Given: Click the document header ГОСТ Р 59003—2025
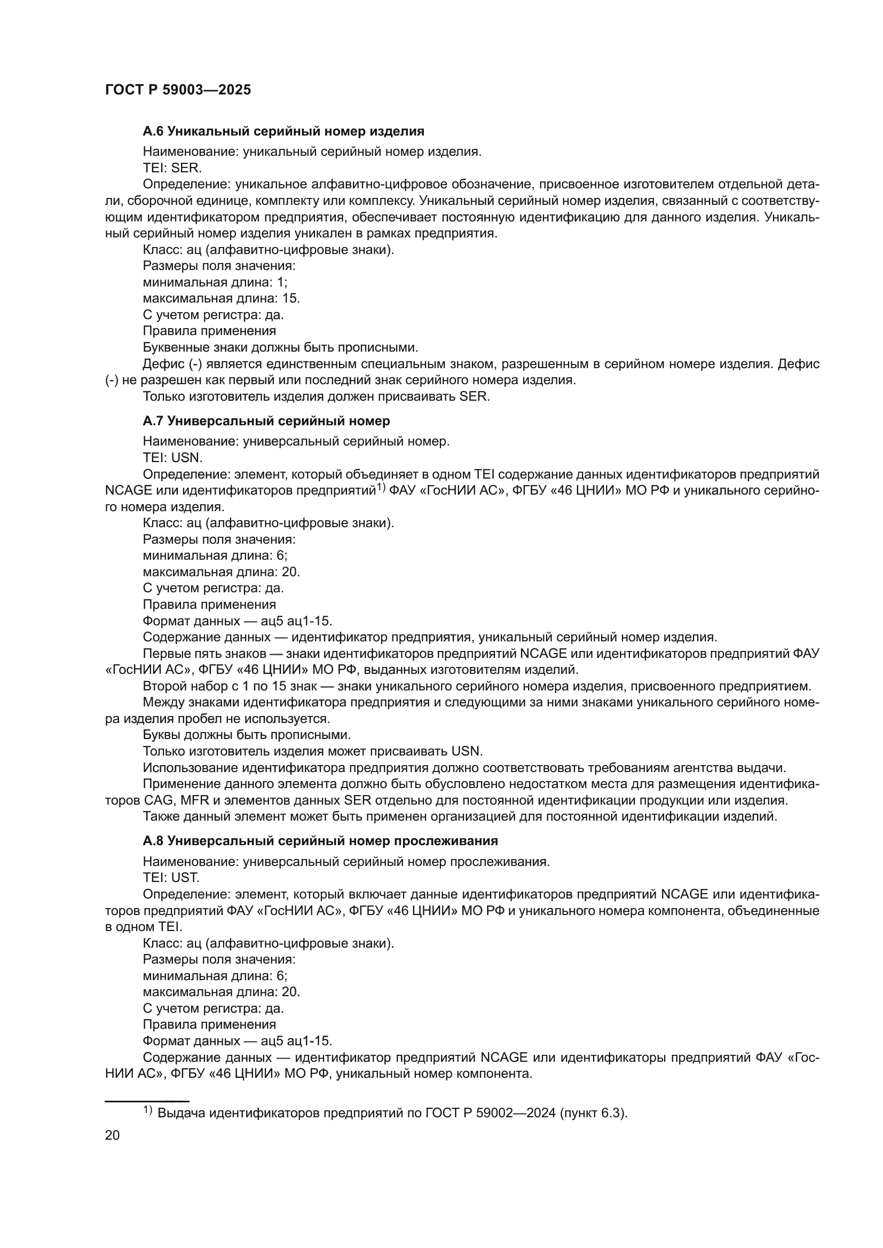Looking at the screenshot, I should click(x=178, y=90).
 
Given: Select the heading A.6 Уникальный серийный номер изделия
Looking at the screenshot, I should click(x=283, y=131).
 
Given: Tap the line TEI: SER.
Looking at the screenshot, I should click(x=172, y=169).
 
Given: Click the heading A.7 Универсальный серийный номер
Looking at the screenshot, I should click(x=266, y=422).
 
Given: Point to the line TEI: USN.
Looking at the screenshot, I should click(x=172, y=458).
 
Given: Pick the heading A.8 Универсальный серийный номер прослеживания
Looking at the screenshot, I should click(x=320, y=841).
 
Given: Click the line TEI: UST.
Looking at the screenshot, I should click(x=171, y=877).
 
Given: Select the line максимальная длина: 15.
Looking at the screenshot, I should click(x=222, y=298).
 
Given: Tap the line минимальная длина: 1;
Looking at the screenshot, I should click(x=215, y=282).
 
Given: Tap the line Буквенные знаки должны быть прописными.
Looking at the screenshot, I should click(x=280, y=347).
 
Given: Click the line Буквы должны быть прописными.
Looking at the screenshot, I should click(x=246, y=735).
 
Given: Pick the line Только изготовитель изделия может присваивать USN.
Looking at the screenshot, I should click(x=313, y=751).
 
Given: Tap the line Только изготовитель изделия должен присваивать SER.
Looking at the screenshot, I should click(x=316, y=396).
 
